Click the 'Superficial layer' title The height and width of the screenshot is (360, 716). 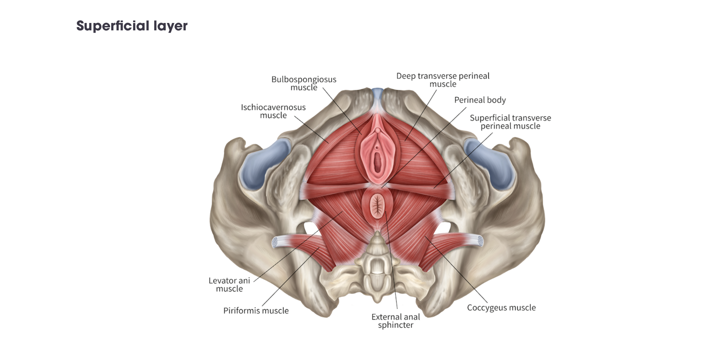point(132,26)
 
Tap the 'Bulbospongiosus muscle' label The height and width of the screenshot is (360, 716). point(304,83)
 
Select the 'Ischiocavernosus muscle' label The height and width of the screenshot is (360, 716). point(273,111)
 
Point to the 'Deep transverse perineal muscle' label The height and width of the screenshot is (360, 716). point(443,80)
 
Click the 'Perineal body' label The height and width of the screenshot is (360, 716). point(480,100)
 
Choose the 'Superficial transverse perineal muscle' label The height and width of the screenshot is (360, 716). point(510,122)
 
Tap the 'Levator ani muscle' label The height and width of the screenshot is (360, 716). point(229,285)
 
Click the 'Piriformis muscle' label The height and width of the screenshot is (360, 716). point(256,311)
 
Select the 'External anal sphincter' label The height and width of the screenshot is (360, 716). point(395,321)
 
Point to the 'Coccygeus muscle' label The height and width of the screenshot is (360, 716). point(501,308)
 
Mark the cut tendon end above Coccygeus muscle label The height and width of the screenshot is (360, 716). point(481,241)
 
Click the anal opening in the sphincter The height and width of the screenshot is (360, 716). point(378,205)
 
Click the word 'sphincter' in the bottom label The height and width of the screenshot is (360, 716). point(395,325)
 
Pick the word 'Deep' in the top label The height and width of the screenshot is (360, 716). point(406,76)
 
